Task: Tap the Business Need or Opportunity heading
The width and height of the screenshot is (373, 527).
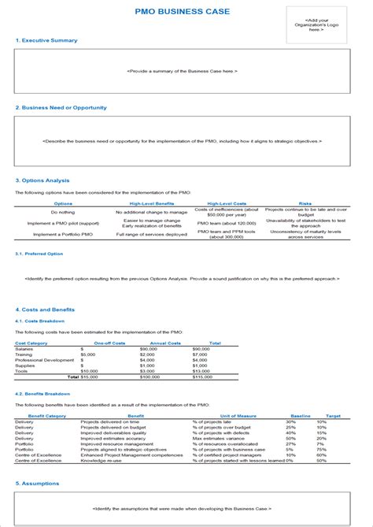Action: [x=61, y=107]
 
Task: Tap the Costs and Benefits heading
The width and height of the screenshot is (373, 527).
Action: [x=47, y=310]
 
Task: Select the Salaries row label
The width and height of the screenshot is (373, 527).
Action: [x=24, y=347]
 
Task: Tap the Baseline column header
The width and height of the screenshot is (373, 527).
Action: [x=301, y=414]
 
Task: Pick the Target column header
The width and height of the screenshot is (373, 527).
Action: [x=333, y=414]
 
